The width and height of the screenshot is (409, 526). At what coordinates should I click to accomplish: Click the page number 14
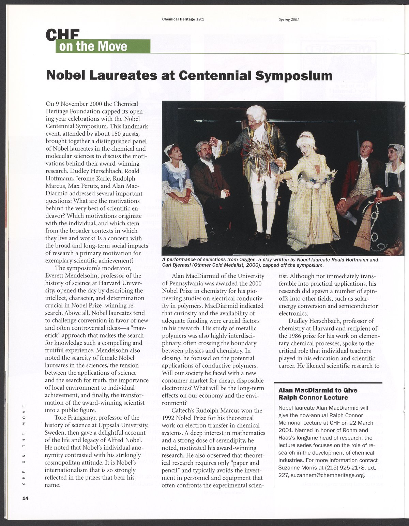click(x=25, y=498)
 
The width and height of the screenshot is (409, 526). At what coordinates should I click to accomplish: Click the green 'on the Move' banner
click(x=102, y=46)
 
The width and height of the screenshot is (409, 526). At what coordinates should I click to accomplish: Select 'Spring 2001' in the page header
click(x=289, y=19)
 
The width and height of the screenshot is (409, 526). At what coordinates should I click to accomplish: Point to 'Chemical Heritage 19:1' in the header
click(x=183, y=19)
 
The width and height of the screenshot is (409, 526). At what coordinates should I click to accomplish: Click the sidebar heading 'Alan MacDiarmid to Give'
click(x=318, y=390)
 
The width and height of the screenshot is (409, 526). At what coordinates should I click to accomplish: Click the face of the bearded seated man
click(x=204, y=151)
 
